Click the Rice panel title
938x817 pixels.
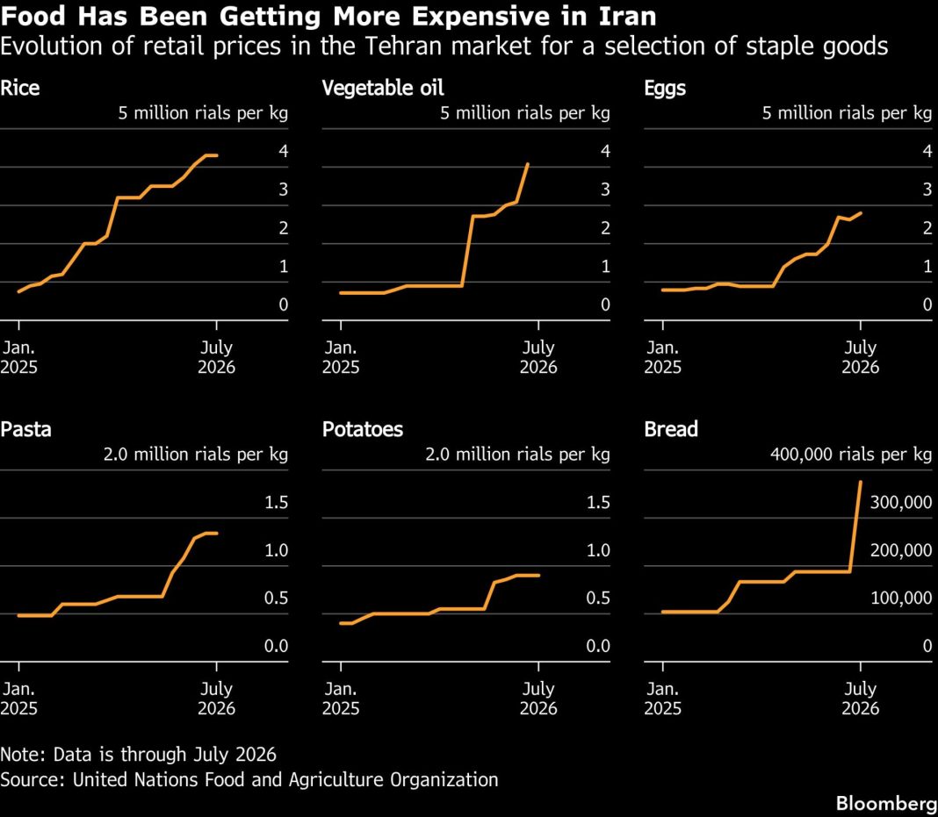[x=19, y=88]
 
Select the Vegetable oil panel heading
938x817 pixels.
[x=383, y=88]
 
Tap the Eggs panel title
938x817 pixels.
[x=665, y=89]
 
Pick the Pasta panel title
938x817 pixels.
[x=25, y=429]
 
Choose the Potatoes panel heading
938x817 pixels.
[x=363, y=429]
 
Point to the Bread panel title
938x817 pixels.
[x=671, y=429]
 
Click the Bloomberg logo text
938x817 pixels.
[x=886, y=804]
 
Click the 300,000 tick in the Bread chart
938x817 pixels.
[x=901, y=503]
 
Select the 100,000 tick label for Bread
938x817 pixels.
[x=901, y=598]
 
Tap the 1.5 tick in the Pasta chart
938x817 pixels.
[x=277, y=503]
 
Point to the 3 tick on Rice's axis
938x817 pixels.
[x=284, y=190]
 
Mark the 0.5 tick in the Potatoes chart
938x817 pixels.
[x=598, y=598]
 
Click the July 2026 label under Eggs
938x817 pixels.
[x=860, y=357]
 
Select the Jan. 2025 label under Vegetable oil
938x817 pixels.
[x=341, y=357]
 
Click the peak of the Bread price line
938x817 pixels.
[x=860, y=481]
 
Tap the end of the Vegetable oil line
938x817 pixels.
[x=528, y=164]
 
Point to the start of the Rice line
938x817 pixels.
[x=19, y=291]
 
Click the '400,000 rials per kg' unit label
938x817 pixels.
[x=851, y=455]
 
